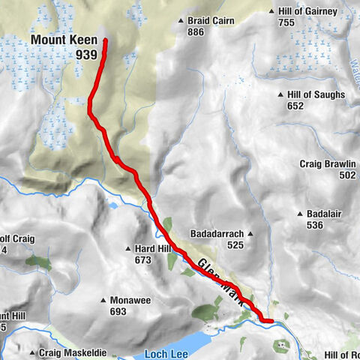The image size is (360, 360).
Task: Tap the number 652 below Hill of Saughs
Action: tap(295, 106)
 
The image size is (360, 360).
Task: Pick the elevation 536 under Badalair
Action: tap(314, 224)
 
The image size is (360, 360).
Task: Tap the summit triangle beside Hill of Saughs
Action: tap(280, 95)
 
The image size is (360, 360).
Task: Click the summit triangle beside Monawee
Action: tap(103, 301)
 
